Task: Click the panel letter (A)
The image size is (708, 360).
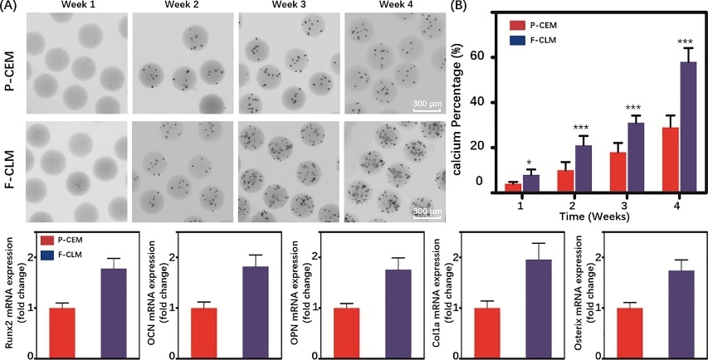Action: pos(9,6)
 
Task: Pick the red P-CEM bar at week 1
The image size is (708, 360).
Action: pos(512,187)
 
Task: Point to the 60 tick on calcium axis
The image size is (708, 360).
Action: pos(478,57)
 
